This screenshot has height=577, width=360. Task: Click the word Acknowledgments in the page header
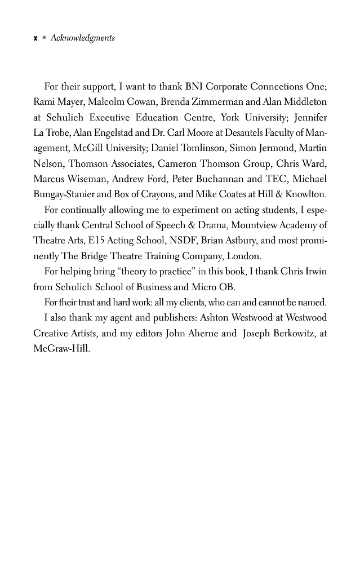(82, 38)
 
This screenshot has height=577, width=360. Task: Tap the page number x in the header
(35, 38)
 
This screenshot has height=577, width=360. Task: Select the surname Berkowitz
(279, 334)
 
